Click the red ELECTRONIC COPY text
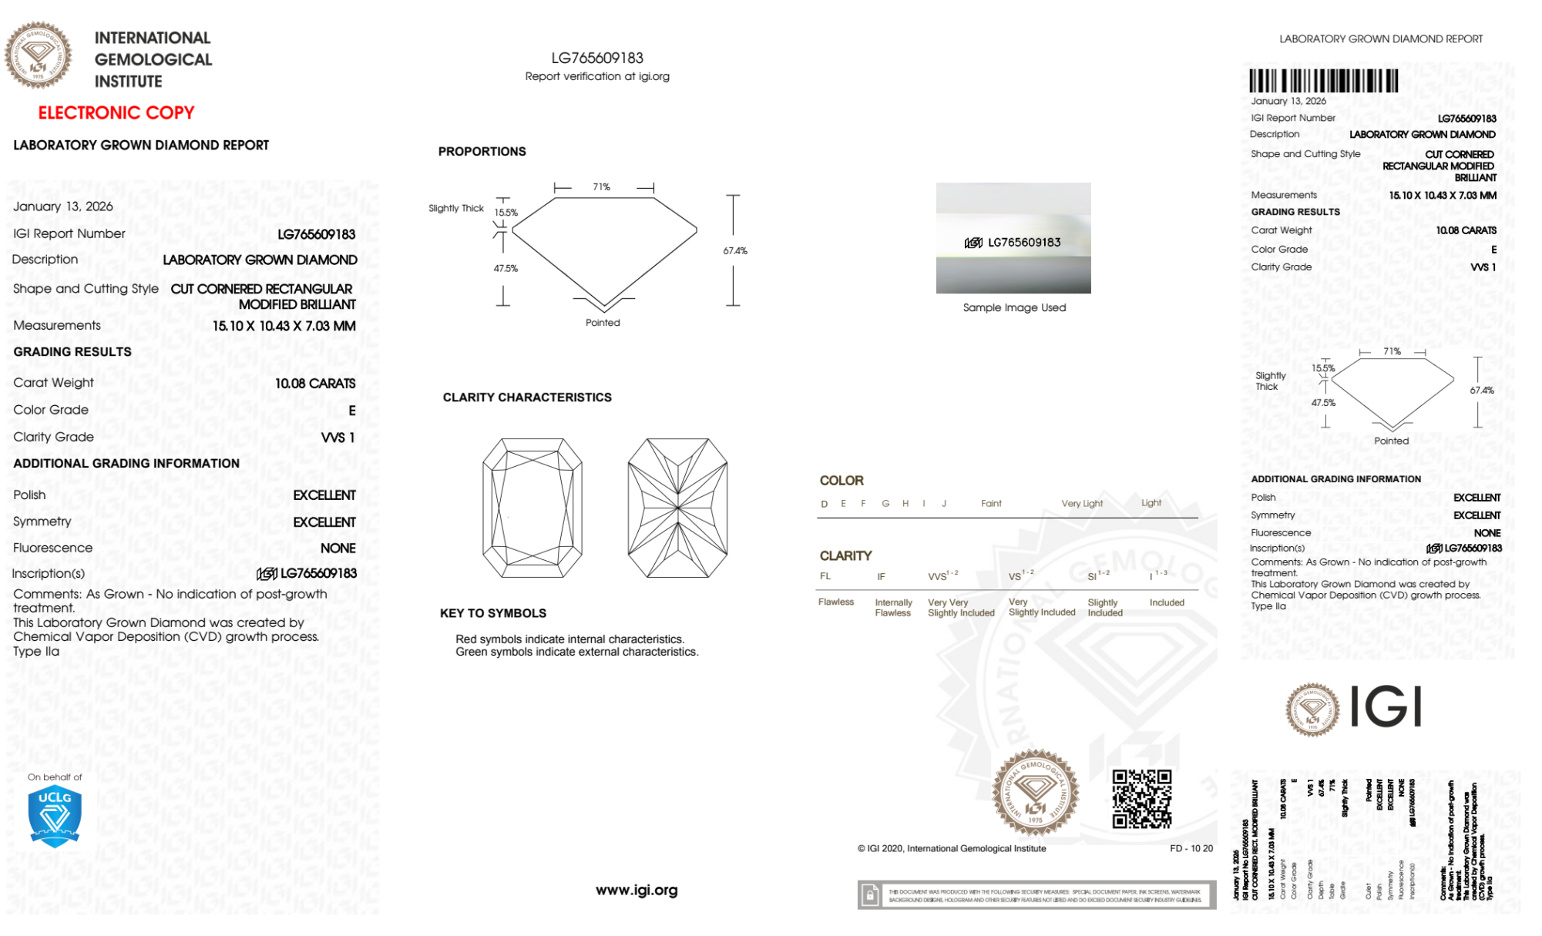tap(116, 113)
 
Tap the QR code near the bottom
tap(1141, 799)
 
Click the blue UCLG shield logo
tap(55, 817)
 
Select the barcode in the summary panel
tap(1323, 81)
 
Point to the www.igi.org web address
tap(637, 890)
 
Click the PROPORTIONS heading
tap(482, 152)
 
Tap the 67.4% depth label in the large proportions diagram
tap(735, 251)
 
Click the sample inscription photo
tap(1013, 238)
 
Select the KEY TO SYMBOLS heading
tap(493, 613)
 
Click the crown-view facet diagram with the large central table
tap(532, 508)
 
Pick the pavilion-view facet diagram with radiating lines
tap(677, 508)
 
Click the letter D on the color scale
tap(825, 504)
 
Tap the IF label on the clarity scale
tap(881, 576)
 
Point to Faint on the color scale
tap(991, 504)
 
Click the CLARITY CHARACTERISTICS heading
tap(527, 398)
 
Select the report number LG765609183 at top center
tap(597, 59)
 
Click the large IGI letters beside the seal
tap(1386, 707)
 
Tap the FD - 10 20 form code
tap(1191, 848)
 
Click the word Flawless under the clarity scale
tap(836, 602)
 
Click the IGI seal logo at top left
tap(39, 55)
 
